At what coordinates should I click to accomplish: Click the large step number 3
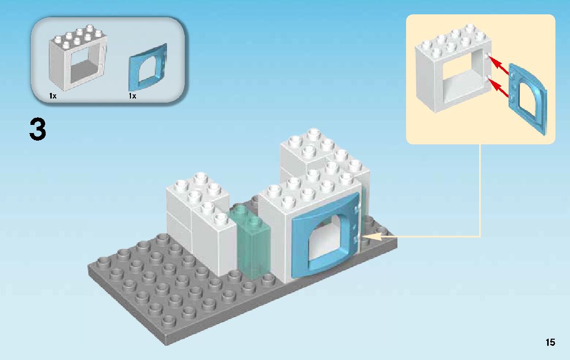(38, 129)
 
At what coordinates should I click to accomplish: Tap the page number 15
(550, 342)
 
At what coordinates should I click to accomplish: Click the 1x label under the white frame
(52, 96)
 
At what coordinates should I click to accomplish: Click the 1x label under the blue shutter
(132, 96)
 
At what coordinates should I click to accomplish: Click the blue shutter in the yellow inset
(528, 99)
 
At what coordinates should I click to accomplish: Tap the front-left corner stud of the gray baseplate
(169, 320)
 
